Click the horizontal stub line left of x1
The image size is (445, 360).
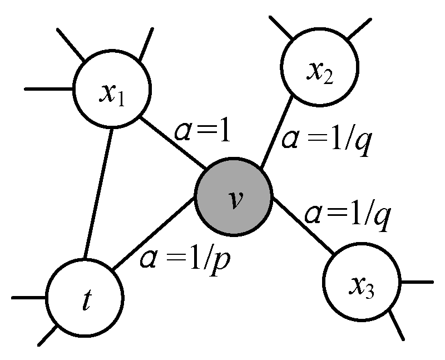(50, 88)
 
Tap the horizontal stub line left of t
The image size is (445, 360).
(29, 298)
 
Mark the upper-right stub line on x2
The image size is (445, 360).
(358, 29)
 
